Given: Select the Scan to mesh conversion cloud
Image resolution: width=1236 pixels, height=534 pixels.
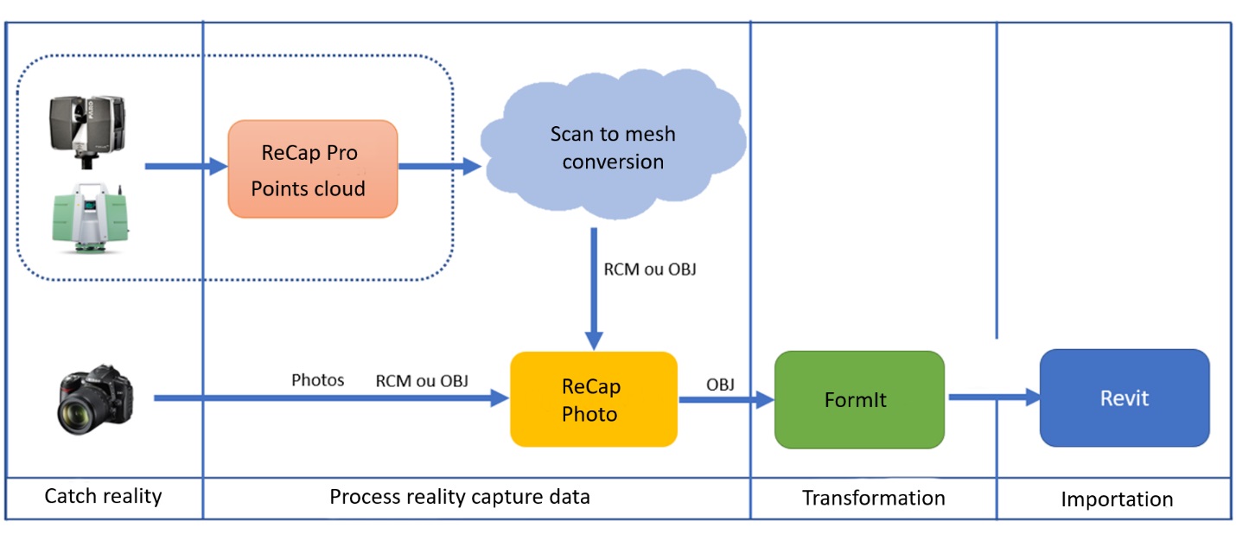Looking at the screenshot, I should coord(612,149).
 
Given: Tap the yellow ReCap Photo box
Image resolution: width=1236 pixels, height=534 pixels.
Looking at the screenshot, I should coord(593,399).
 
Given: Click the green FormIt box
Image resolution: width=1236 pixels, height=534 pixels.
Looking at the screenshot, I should coord(858,399).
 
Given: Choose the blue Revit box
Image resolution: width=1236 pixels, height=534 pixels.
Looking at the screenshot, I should coord(1124,397).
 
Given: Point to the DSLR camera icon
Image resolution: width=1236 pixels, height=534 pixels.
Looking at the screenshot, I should coord(96,397).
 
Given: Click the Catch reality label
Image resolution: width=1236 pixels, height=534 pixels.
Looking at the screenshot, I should coord(103,497).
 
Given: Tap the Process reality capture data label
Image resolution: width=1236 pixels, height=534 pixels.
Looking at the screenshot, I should coord(460,497).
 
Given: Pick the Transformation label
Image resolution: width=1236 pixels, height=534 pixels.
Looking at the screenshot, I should coord(873,498).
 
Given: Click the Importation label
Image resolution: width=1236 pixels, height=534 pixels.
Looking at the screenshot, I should coord(1117,499).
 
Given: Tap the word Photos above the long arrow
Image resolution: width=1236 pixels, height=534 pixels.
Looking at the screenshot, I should coord(317,380).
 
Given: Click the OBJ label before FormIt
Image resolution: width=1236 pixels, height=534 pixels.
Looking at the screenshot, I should coord(720,385).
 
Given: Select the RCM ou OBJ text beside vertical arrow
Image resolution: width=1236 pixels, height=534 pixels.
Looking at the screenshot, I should coord(650,269).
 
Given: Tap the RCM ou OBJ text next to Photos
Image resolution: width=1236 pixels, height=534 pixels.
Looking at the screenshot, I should coord(422,380).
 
